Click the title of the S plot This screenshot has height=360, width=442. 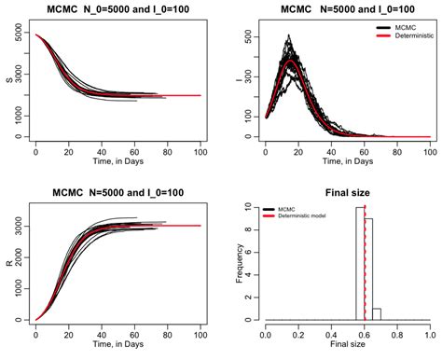point(117,10)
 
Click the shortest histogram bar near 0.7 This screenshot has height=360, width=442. point(377,314)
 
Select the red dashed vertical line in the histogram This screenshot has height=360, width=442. point(365,270)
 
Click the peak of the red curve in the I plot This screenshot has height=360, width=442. point(293,60)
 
